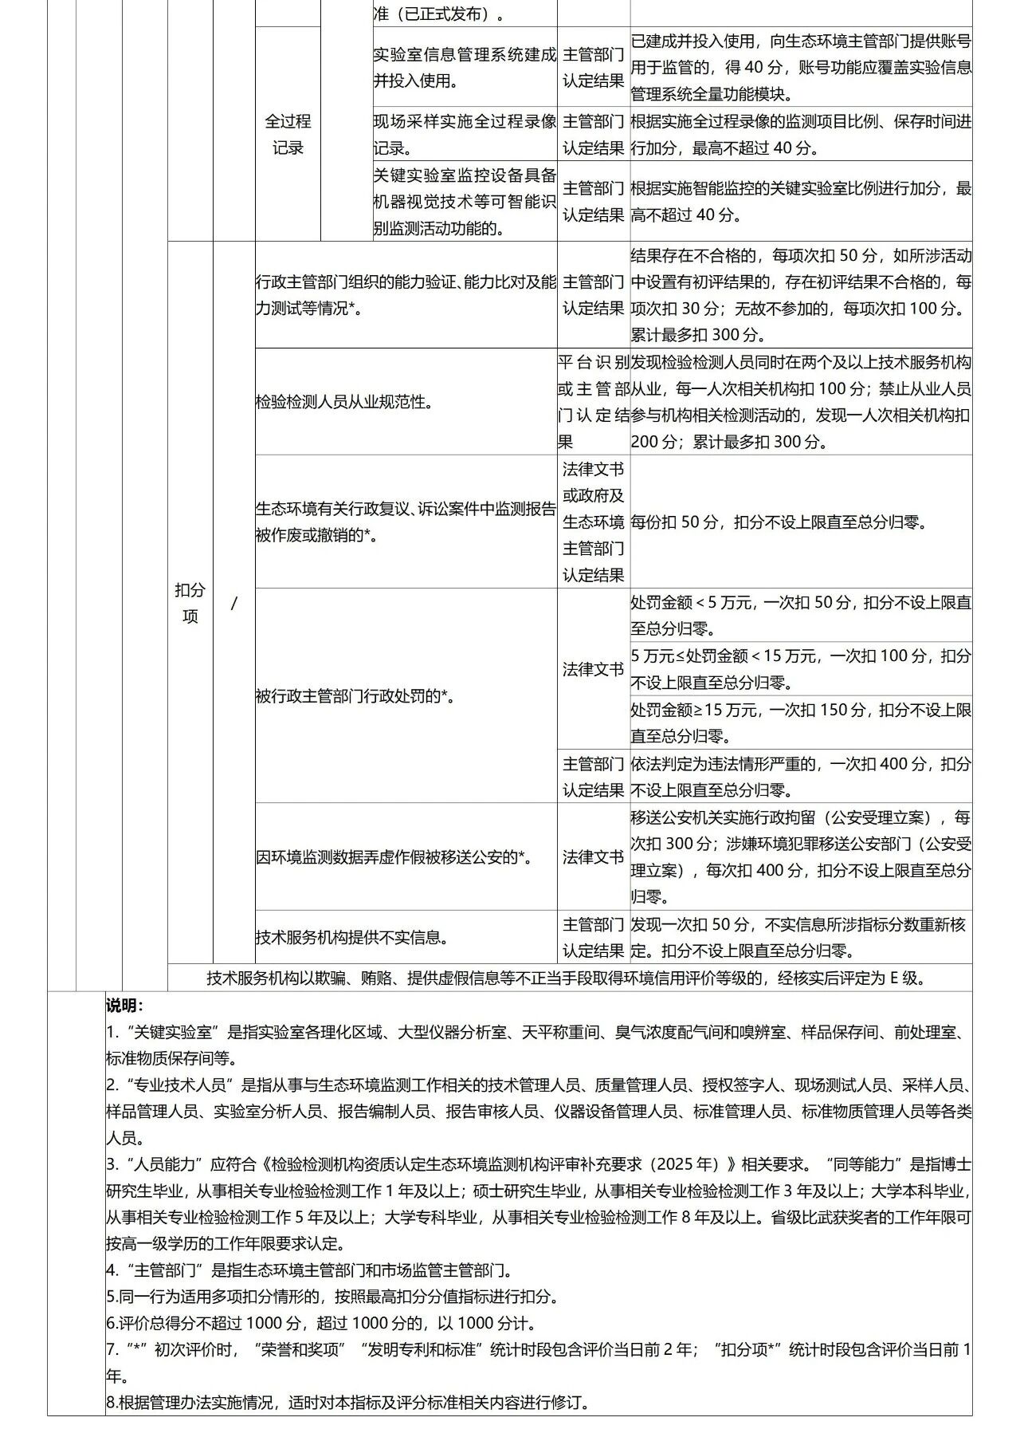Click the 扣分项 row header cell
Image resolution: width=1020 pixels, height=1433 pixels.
190,603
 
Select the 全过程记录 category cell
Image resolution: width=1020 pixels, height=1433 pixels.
288,134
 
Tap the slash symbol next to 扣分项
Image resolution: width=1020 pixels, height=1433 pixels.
233,604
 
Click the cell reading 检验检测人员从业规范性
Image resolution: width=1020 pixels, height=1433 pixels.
344,402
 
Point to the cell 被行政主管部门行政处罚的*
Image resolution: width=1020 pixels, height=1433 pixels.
355,695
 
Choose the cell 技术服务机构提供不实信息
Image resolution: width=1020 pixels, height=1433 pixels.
351,937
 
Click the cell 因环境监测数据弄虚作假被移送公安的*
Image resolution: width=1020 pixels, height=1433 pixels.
394,857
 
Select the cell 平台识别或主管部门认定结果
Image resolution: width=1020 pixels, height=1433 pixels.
593,402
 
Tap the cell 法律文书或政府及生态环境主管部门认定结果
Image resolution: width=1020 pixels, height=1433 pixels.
593,522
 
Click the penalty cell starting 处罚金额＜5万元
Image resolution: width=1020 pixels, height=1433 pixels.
801,615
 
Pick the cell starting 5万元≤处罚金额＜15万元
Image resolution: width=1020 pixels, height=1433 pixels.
801,668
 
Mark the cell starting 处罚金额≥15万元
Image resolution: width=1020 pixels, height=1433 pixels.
801,722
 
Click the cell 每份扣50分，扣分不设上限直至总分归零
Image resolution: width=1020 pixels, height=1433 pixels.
779,522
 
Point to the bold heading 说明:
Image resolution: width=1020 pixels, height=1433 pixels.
125,1006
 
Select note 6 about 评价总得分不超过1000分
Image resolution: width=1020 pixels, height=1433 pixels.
321,1323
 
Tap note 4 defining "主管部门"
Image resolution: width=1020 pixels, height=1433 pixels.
310,1270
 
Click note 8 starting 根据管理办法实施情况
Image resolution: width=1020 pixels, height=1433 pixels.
348,1402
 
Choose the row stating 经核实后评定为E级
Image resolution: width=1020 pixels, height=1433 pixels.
567,978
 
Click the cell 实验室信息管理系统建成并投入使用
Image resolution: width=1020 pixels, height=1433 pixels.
465,68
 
